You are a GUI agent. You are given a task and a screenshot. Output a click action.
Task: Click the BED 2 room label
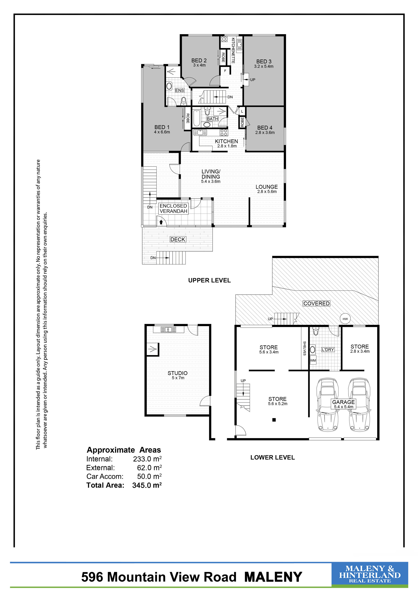[199, 60]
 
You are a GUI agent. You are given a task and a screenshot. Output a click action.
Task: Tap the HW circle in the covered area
[345, 319]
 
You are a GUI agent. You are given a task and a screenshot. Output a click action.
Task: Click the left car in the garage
[328, 405]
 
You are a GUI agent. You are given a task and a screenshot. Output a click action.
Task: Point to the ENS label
[180, 90]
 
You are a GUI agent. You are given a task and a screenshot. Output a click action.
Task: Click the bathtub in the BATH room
[196, 118]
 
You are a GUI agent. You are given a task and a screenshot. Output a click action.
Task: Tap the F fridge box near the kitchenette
[225, 70]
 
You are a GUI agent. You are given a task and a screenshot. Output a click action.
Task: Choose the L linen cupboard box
[242, 111]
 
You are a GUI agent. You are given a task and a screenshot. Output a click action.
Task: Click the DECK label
[178, 239]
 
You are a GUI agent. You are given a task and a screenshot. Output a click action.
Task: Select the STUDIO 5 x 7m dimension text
[178, 378]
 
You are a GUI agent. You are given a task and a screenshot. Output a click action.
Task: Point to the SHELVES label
[305, 348]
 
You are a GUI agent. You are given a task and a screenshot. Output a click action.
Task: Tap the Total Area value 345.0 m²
[147, 485]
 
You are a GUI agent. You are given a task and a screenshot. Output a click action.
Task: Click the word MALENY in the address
[273, 577]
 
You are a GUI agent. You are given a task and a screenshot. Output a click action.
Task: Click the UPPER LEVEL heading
[209, 280]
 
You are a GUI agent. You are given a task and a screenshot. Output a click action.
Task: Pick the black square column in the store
[274, 420]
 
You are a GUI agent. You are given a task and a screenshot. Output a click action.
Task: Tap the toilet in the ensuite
[184, 101]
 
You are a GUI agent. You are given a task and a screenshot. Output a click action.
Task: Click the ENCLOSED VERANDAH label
[173, 209]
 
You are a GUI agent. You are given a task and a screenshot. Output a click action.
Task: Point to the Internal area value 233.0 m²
[147, 459]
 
